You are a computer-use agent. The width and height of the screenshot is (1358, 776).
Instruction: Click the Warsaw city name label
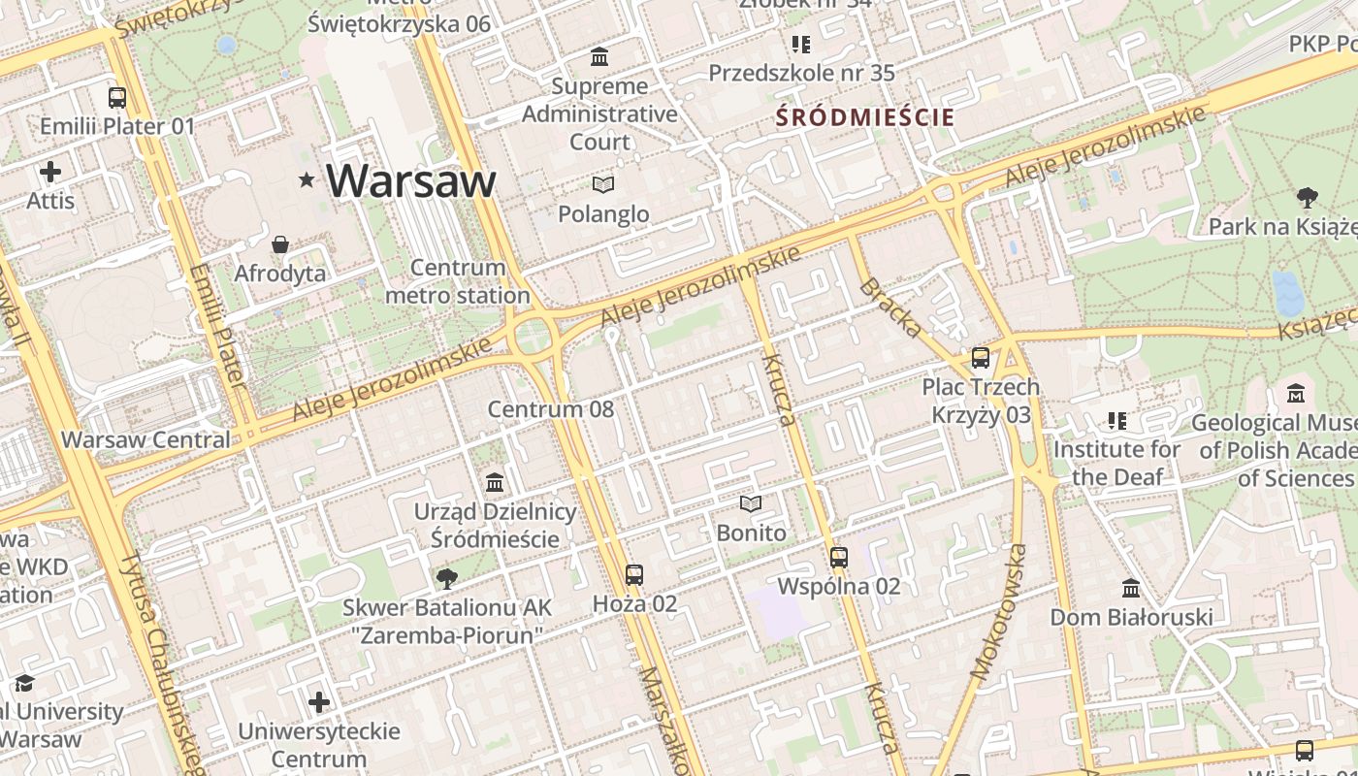coord(410,180)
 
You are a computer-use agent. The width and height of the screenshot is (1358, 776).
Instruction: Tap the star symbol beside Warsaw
coord(307,179)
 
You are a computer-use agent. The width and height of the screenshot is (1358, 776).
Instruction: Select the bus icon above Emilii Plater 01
coord(117,97)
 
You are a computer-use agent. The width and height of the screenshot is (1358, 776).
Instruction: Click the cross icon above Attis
coord(50,173)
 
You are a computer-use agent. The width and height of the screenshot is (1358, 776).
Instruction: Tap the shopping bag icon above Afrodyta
coord(280,243)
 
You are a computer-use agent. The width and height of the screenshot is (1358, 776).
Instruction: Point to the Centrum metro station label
coord(458,281)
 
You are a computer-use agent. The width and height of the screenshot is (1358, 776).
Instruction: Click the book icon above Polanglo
coord(603,183)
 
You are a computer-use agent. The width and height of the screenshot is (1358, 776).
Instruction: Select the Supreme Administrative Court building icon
coord(599,57)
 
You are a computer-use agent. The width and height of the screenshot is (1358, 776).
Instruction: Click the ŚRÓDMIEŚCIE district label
coord(865,118)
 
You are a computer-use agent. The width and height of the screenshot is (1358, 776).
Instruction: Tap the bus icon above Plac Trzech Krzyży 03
coord(981,358)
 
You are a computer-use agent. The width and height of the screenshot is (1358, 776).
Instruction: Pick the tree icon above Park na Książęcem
coord(1308,198)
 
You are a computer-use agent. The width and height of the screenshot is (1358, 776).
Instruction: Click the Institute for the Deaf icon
coord(1117,421)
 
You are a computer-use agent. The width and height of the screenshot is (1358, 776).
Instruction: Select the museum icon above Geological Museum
coord(1296,394)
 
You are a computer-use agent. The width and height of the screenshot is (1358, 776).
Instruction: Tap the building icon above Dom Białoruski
coord(1131,588)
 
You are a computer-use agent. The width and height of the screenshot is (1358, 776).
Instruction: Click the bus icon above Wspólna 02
coord(839,558)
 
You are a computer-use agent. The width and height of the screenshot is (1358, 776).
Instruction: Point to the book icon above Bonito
coord(751,503)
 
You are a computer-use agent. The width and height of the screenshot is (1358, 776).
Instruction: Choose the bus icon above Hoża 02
coord(634,575)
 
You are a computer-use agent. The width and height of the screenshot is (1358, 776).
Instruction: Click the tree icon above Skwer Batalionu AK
coord(447,579)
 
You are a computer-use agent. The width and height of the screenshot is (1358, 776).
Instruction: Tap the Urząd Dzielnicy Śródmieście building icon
coord(495,482)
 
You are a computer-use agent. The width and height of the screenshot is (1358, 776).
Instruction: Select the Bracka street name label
coord(890,308)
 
